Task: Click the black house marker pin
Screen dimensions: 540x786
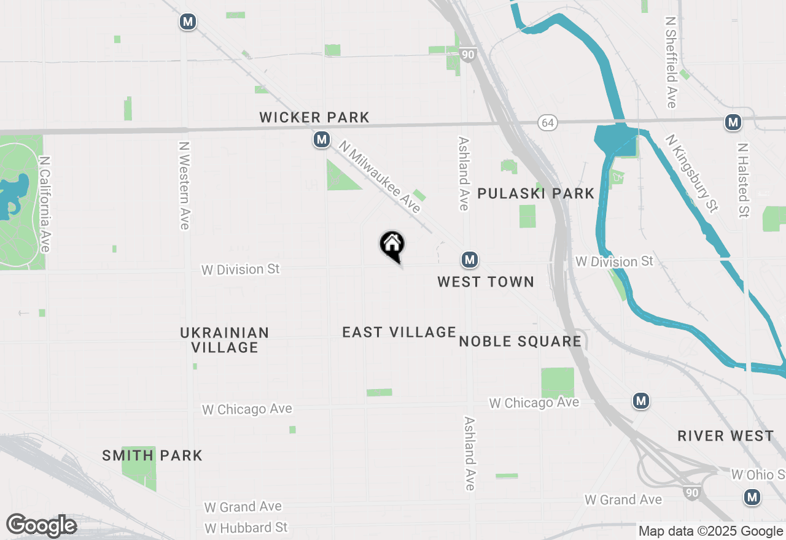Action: point(392,245)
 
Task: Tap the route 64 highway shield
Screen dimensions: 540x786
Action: point(548,123)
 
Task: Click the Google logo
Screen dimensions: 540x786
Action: point(41,525)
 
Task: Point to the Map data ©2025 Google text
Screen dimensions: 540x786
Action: point(710,531)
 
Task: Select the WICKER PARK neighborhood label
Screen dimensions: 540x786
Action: point(314,117)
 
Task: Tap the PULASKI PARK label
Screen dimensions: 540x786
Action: point(535,194)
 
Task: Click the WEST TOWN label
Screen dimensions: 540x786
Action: point(485,282)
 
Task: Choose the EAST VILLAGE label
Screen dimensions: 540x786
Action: point(399,332)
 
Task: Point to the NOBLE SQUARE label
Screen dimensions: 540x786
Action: point(520,341)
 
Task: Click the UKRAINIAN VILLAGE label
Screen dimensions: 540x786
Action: point(225,340)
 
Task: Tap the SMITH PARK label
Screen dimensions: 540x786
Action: point(152,455)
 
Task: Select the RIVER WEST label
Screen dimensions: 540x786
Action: point(725,436)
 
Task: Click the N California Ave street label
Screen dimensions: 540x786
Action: point(45,203)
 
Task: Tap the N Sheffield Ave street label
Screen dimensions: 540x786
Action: point(671,61)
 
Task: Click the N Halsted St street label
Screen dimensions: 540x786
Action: point(744,180)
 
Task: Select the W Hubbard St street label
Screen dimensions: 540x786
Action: point(246,528)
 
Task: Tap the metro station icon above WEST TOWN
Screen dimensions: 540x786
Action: point(470,260)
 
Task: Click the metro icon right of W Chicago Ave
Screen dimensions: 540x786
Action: point(641,401)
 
